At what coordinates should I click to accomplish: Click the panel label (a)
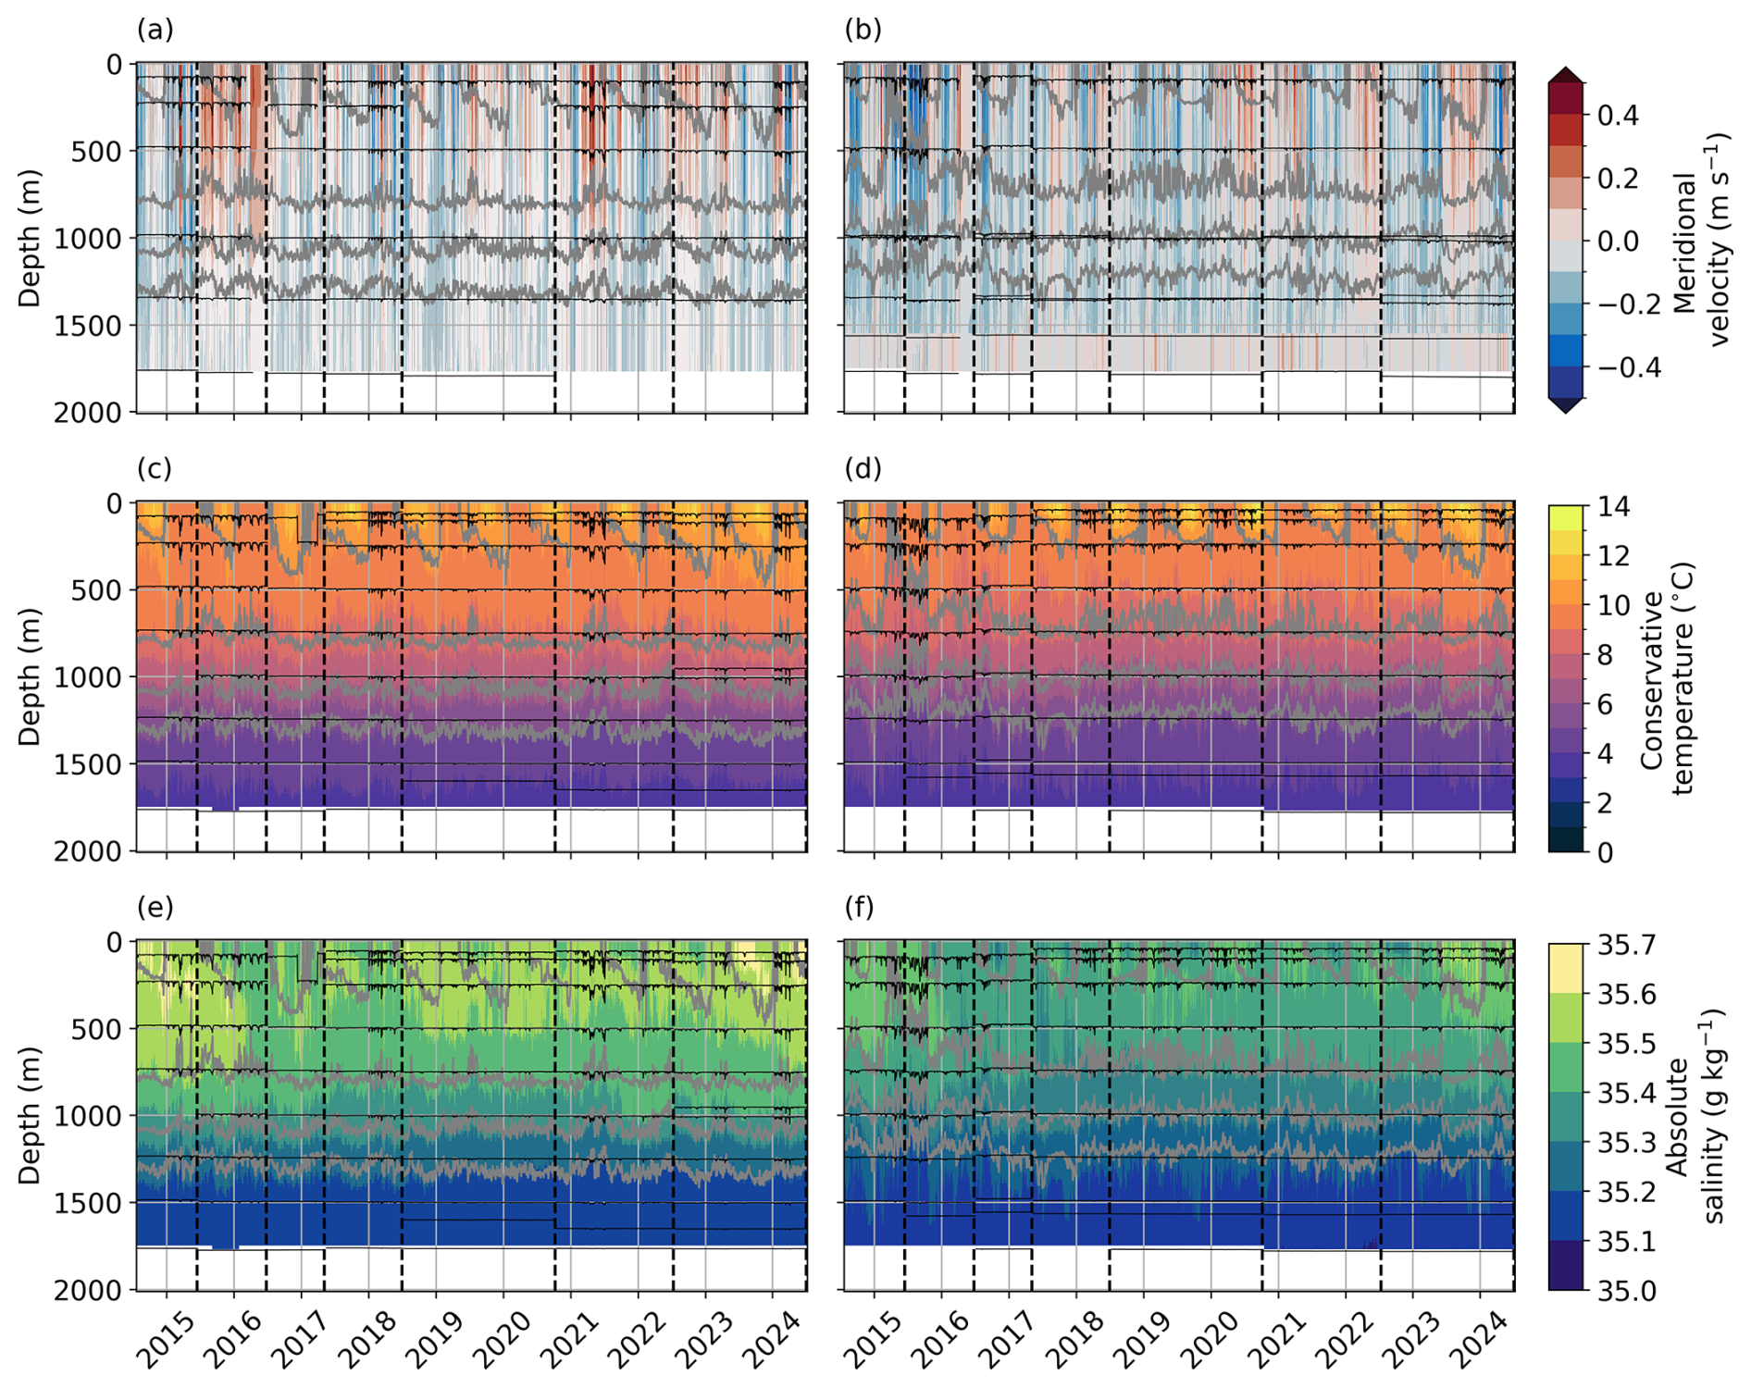pyautogui.click(x=155, y=31)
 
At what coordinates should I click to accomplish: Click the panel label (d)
pyautogui.click(x=863, y=469)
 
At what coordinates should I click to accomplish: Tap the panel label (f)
pyautogui.click(x=862, y=908)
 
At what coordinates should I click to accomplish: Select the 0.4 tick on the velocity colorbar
pyautogui.click(x=1618, y=116)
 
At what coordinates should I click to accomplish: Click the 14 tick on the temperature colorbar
pyautogui.click(x=1614, y=506)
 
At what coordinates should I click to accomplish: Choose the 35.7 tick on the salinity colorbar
pyautogui.click(x=1627, y=945)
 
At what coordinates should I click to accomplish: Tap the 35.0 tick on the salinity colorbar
pyautogui.click(x=1627, y=1290)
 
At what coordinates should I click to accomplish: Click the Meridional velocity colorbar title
pyautogui.click(x=1703, y=241)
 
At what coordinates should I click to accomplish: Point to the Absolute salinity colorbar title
pyautogui.click(x=1694, y=1117)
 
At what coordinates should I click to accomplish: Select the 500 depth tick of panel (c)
pyautogui.click(x=95, y=589)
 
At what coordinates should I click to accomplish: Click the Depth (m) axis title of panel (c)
pyautogui.click(x=30, y=676)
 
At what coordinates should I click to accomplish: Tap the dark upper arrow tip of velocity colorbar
pyautogui.click(x=1565, y=71)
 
